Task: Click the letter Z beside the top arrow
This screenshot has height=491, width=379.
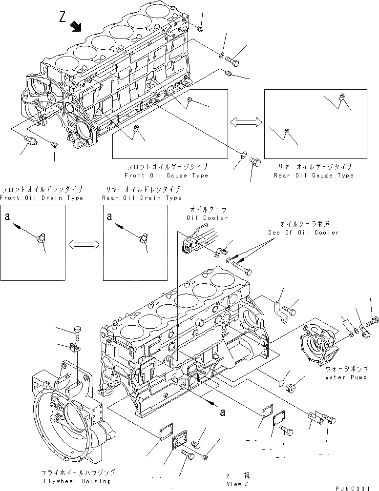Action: [x=63, y=18]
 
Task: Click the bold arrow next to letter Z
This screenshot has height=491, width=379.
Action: [x=76, y=26]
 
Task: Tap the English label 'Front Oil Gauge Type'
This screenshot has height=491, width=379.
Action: [x=166, y=176]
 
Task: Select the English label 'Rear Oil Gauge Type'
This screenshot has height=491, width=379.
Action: [x=314, y=176]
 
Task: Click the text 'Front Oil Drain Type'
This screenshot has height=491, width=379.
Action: [x=42, y=198]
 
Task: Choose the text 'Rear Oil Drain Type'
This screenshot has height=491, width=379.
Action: [x=142, y=198]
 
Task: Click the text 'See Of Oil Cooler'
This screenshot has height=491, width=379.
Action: [x=303, y=233]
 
